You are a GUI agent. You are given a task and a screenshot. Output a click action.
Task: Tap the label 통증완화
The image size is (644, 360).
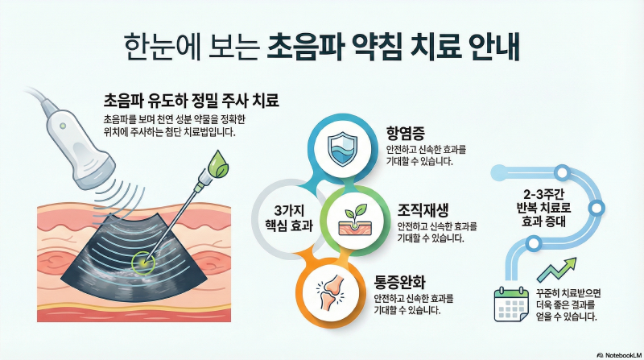click(399, 283)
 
